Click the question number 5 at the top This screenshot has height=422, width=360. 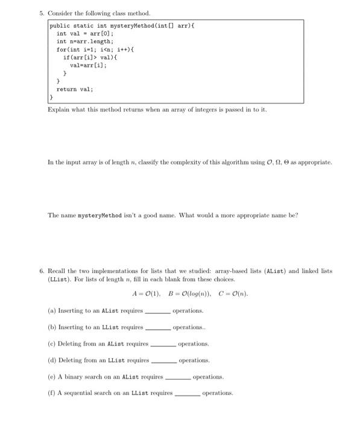[40, 13]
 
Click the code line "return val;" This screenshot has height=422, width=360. [74, 89]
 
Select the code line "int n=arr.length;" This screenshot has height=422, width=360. [80, 42]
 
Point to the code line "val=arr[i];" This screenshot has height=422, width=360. [88, 65]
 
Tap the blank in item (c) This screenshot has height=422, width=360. [162, 345]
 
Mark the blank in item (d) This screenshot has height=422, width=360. [163, 361]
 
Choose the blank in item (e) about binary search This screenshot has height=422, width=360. [177, 377]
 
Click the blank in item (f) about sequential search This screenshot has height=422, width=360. [187, 394]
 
